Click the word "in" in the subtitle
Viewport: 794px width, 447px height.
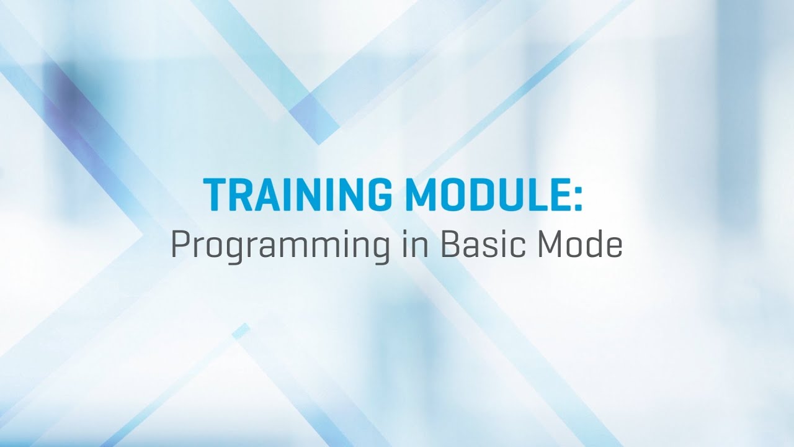pos(407,246)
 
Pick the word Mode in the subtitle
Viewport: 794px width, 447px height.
pos(580,246)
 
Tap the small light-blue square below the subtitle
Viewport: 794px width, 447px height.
pos(241,331)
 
